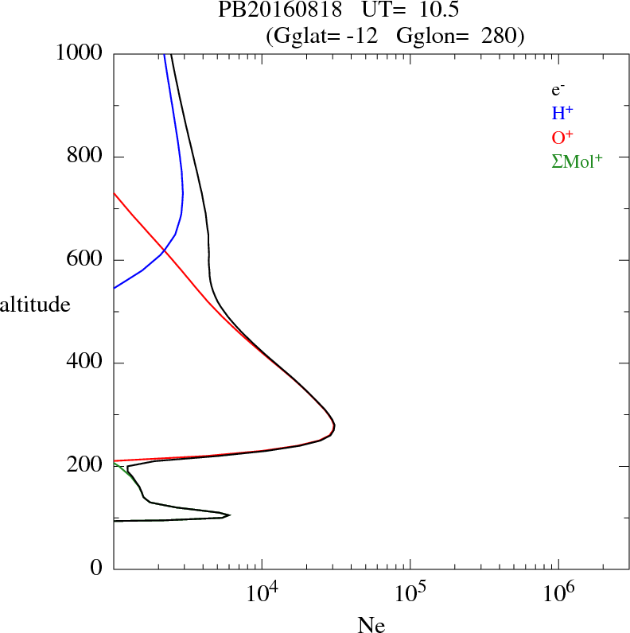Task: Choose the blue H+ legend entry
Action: click(x=562, y=113)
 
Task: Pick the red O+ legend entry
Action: click(x=562, y=136)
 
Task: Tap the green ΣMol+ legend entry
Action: click(x=577, y=160)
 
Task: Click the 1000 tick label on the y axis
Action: click(x=80, y=53)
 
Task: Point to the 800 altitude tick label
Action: click(x=86, y=157)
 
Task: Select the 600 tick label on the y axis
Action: click(x=86, y=260)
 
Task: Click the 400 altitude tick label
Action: click(x=86, y=363)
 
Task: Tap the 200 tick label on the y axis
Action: click(x=86, y=466)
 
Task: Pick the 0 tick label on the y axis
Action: click(x=97, y=569)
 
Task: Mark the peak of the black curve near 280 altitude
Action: click(x=335, y=427)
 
